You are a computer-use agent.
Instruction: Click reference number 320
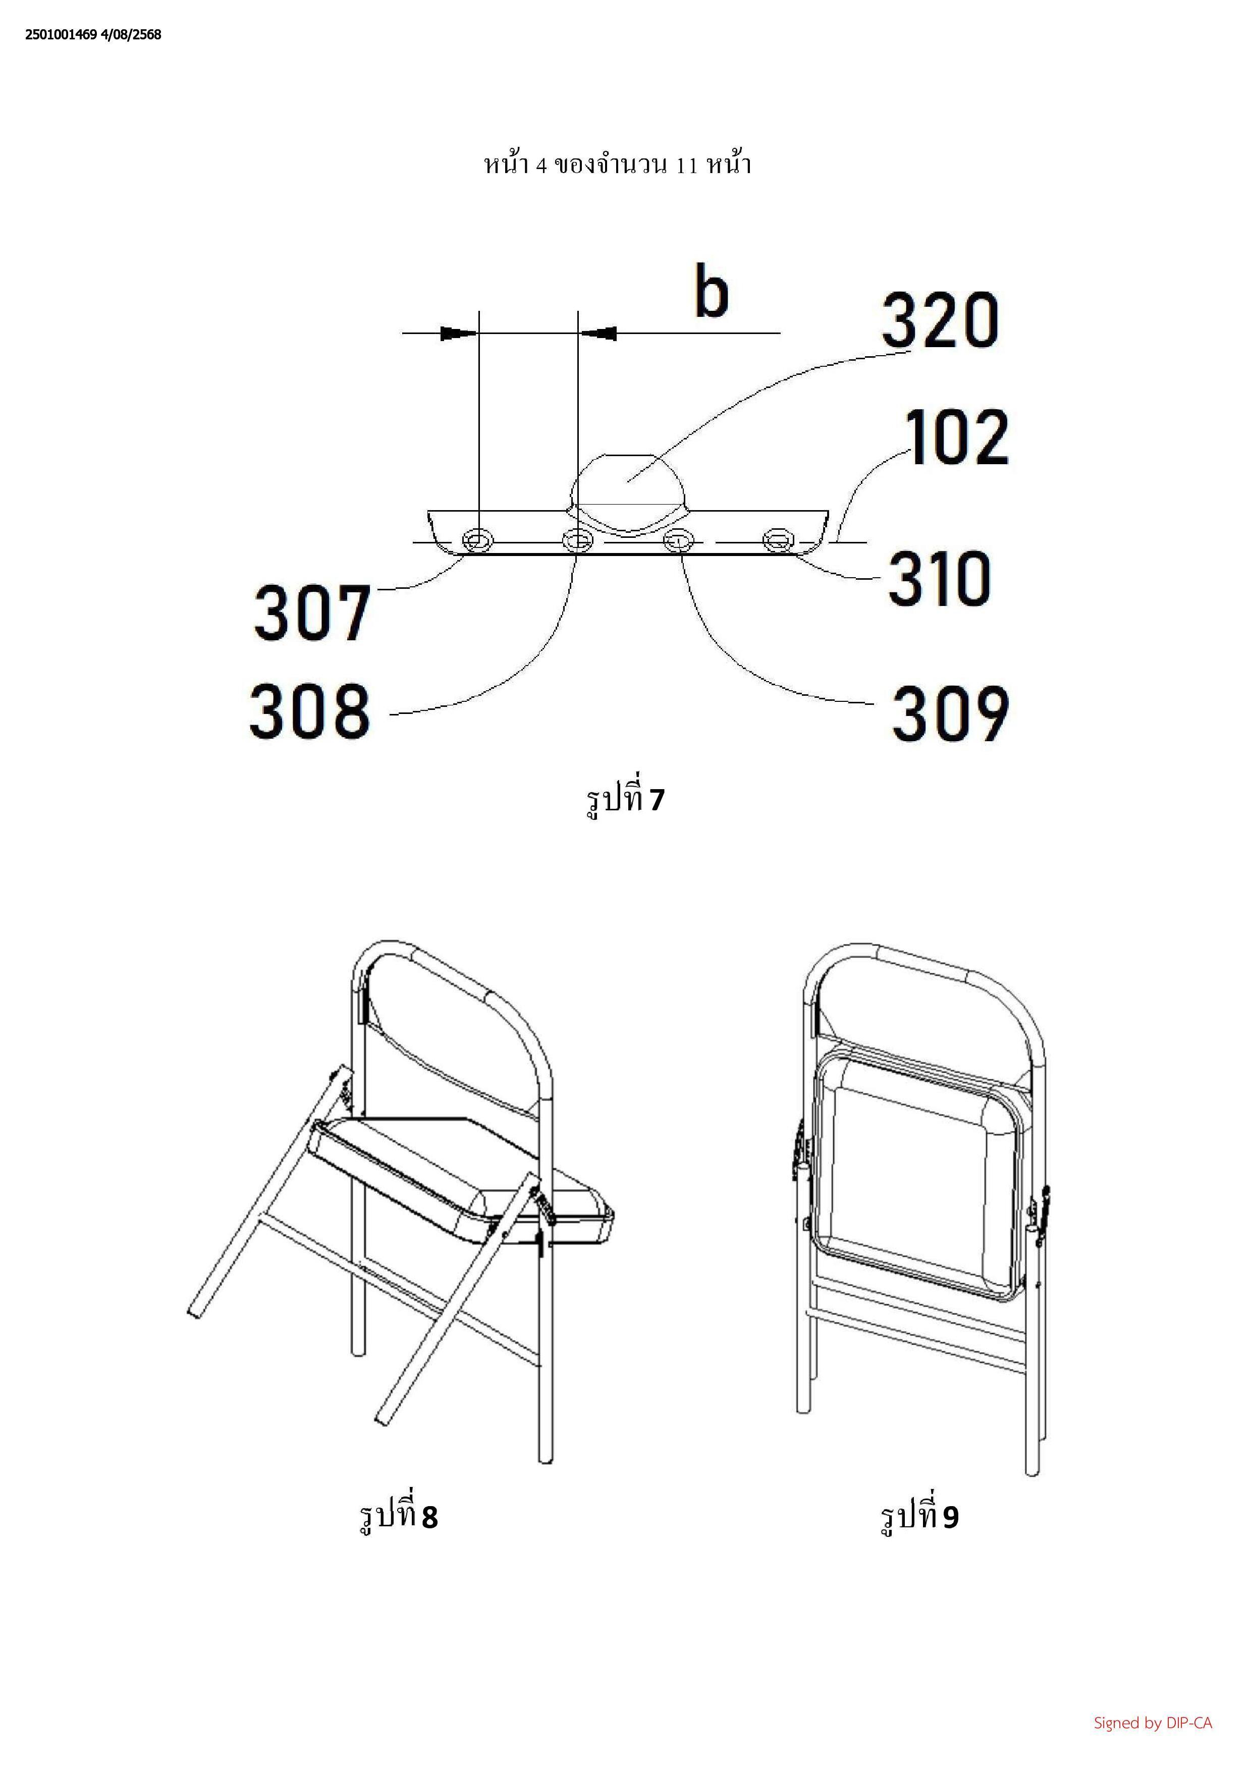click(941, 319)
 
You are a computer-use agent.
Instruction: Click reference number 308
click(310, 709)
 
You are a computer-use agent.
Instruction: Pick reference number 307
click(312, 613)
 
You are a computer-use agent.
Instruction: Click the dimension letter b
click(711, 291)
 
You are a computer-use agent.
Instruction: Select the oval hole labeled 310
click(778, 540)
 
